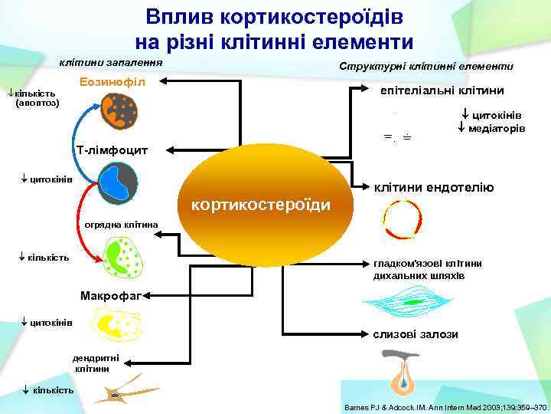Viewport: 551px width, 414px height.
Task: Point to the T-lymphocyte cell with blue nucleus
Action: (x=117, y=183)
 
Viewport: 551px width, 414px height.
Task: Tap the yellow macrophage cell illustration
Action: (x=115, y=324)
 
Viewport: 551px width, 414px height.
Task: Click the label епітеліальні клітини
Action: (x=442, y=90)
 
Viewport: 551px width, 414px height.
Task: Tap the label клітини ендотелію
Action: (x=433, y=187)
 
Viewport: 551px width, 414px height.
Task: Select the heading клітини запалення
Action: (x=111, y=61)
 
